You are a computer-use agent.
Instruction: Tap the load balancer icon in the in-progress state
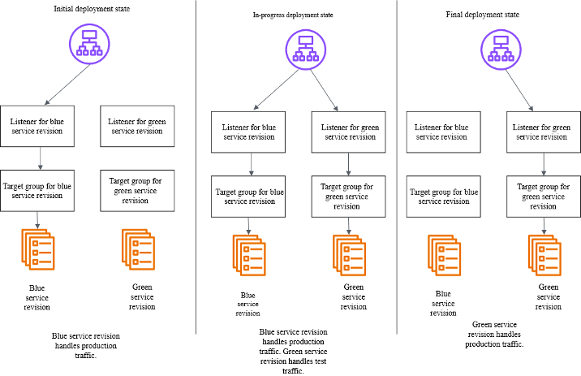tap(305, 50)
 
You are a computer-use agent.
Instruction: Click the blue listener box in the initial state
tap(41, 126)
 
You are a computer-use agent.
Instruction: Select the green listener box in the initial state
tap(136, 126)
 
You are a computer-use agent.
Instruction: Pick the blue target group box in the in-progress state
tap(249, 197)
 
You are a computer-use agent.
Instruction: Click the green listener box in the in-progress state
tap(349, 132)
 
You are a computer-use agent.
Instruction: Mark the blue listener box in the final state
tap(442, 132)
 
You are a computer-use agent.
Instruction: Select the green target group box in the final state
tap(542, 197)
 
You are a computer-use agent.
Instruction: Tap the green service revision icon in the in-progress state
tap(349, 255)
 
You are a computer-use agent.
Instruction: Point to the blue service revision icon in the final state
tap(444, 255)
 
